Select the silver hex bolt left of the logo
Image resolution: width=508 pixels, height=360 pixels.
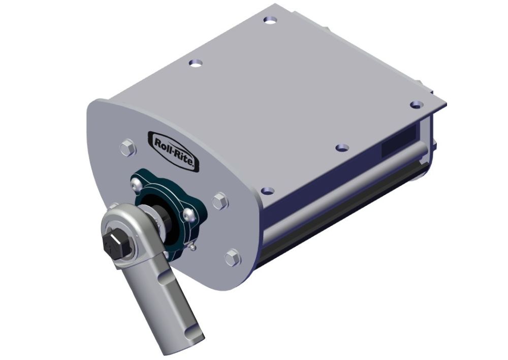(x=127, y=148)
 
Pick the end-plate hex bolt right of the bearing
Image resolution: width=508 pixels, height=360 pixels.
(x=219, y=201)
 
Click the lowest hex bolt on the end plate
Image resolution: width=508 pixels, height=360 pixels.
(x=232, y=257)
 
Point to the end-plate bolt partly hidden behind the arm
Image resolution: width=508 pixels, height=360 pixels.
(x=115, y=207)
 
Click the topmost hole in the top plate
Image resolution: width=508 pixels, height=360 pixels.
(x=270, y=20)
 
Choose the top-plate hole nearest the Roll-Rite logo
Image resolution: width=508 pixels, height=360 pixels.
(x=195, y=63)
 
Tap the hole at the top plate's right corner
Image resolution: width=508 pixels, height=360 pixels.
(x=416, y=104)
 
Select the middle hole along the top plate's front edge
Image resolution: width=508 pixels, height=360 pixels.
(x=343, y=148)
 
